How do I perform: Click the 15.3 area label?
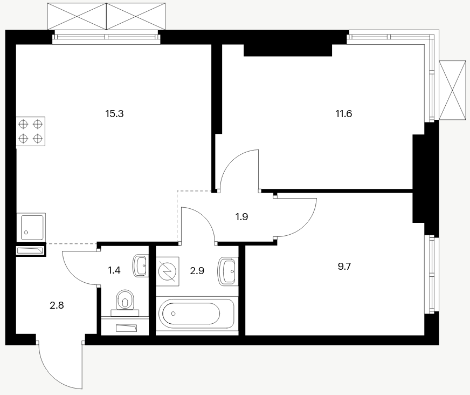coord(114,114)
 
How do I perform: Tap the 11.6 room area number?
coord(344,114)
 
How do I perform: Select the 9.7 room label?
coord(344,266)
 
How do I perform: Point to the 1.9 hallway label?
coord(241,217)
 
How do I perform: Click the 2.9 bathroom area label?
coord(197,271)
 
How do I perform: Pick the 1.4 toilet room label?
coord(114,270)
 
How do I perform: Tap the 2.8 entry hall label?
coord(57,305)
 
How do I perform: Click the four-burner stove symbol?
coord(31,132)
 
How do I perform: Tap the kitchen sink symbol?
coord(31,227)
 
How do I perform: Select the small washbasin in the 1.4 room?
coord(140,265)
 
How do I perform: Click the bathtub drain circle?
coord(173,314)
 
